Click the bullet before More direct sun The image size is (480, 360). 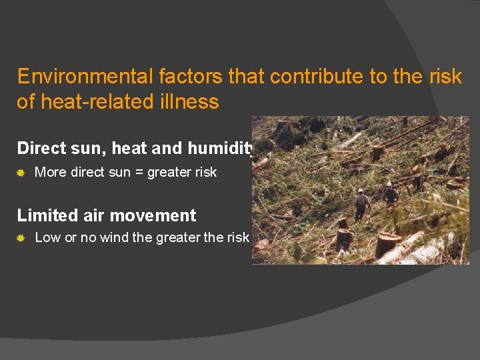21,173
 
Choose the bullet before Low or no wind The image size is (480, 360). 21,238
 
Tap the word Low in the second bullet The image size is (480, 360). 47,237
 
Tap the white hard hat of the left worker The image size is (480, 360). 361,191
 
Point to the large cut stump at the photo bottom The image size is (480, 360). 387,245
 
